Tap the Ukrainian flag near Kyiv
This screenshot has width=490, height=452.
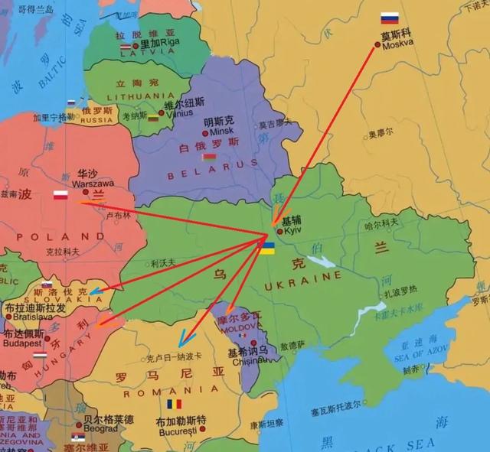pos(267,249)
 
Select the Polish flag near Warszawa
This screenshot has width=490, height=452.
pos(60,195)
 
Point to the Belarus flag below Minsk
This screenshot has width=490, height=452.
pos(204,156)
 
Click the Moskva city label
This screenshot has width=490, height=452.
pos(397,44)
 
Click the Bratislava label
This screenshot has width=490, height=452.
pos(28,316)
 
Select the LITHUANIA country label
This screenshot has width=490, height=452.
pos(136,97)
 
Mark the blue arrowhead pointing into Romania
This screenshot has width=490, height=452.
pos(181,343)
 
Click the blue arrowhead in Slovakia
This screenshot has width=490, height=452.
pos(93,291)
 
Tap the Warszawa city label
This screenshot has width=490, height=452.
pos(93,184)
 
